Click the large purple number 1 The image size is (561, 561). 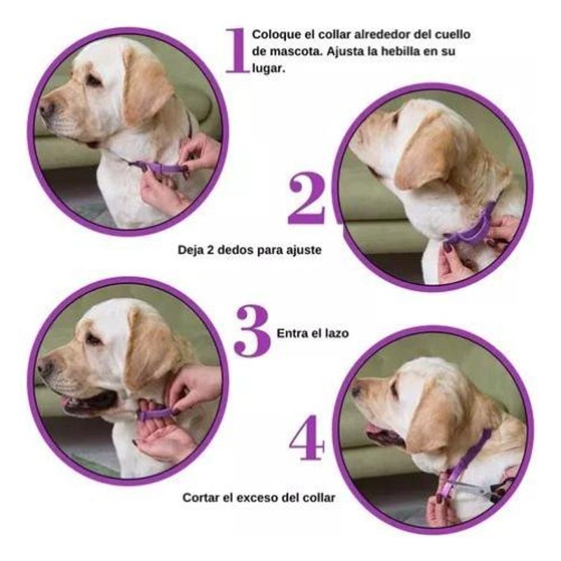pos(237,50)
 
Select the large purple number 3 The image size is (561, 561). pos(252,331)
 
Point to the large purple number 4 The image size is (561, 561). pos(307,437)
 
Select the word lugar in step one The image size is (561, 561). pos(269,68)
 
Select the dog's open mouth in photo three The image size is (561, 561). pos(90,403)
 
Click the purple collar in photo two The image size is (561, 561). pos(472,229)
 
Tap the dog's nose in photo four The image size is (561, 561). pos(356,390)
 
